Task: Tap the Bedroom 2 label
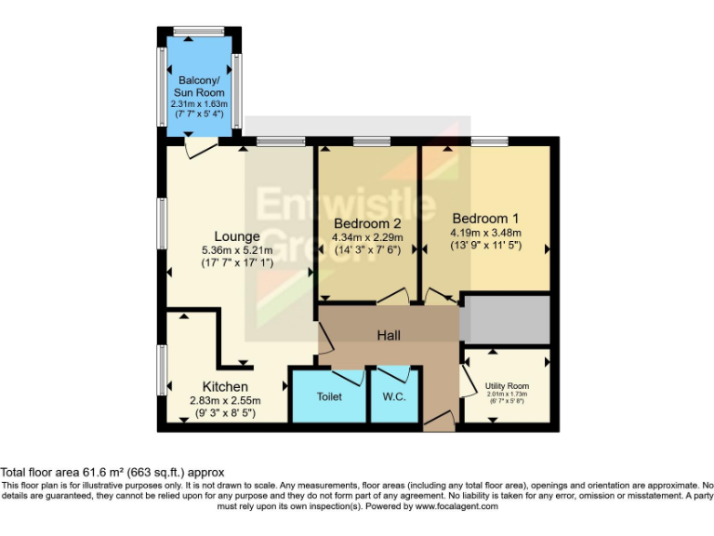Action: click(367, 223)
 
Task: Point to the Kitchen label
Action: click(225, 386)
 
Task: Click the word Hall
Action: click(389, 334)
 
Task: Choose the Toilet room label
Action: click(329, 396)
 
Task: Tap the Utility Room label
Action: click(507, 385)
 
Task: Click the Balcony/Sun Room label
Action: click(200, 87)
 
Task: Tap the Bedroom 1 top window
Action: click(492, 141)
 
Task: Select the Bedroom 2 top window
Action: click(372, 141)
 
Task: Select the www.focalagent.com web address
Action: click(456, 506)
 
